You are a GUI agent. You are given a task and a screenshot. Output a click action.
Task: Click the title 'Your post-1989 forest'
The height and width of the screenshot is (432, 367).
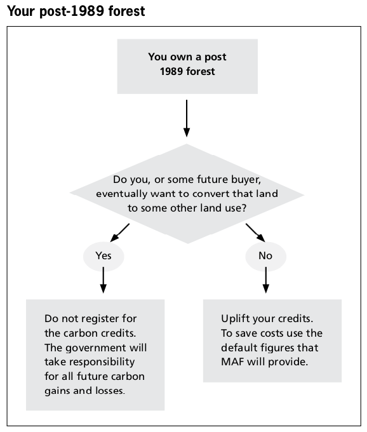coord(76,11)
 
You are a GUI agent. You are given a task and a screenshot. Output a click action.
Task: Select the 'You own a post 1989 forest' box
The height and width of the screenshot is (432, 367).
coord(187,67)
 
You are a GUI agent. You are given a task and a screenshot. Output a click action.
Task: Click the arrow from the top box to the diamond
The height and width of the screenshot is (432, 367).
coord(187,118)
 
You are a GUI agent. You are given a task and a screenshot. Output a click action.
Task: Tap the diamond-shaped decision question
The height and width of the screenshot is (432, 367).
coord(187,194)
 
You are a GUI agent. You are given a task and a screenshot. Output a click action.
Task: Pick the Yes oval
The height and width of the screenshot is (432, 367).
coord(103,256)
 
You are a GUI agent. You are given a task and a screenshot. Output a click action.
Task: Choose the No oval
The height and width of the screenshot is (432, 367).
coord(265,256)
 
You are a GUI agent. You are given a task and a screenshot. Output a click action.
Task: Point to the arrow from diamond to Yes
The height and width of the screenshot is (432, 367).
coord(120,233)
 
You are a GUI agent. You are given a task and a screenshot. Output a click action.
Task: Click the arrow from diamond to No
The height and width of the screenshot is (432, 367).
coord(255,233)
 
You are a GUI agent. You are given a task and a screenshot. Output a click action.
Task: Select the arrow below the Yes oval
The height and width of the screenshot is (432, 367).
coord(103,280)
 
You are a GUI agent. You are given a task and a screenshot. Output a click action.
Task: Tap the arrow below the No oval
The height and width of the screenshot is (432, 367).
coord(265,280)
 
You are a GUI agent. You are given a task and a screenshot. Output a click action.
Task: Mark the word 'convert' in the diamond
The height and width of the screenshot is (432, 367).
coord(212,194)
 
